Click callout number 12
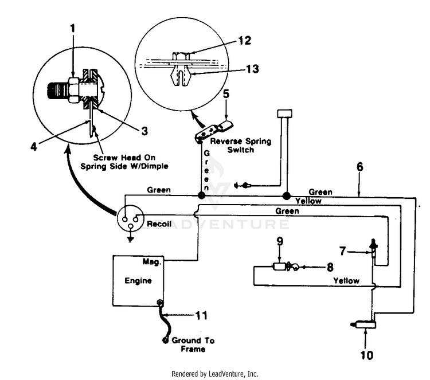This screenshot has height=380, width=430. [245, 41]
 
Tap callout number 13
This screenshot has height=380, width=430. [252, 69]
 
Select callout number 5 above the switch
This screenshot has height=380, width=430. [226, 93]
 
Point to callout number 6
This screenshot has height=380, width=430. [360, 167]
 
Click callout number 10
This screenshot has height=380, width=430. [367, 355]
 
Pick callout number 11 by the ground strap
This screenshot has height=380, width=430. [201, 315]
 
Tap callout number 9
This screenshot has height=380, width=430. [280, 241]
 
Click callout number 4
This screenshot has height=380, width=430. [33, 147]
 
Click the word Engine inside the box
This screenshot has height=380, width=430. [138, 281]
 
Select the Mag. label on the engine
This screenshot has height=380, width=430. [152, 262]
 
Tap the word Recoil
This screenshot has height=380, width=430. [159, 224]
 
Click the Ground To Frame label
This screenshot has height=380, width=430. [193, 344]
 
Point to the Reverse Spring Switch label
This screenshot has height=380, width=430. [240, 146]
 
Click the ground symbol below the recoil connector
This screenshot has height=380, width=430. [131, 240]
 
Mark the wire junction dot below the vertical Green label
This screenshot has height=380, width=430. [202, 195]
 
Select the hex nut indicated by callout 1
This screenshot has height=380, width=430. [73, 89]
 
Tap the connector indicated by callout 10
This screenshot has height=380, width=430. [363, 324]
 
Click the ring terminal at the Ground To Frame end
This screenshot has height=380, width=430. [165, 340]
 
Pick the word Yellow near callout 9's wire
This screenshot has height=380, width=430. [346, 281]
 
